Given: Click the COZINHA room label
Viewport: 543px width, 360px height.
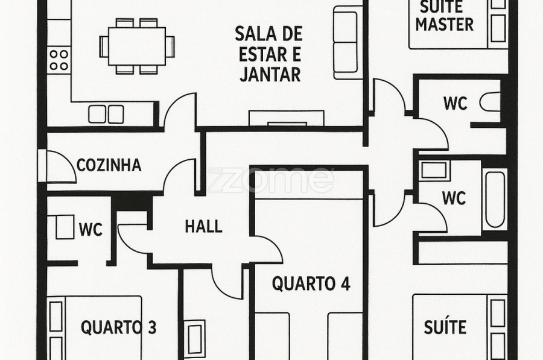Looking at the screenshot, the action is point(109,165).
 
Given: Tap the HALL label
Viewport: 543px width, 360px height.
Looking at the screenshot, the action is point(204,227).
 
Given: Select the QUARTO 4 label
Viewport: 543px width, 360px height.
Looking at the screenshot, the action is point(311,283).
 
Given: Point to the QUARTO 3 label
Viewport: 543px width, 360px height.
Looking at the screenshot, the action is point(118,327).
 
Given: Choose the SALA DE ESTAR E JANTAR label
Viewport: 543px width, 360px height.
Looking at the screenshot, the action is point(269,54).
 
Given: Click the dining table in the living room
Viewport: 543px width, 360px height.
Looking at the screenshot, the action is point(137,46).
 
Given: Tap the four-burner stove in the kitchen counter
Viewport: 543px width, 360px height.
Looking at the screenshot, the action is point(59,60).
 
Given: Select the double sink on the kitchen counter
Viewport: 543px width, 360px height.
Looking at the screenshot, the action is point(106,114).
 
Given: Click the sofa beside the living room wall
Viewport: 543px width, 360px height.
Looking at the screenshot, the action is point(345,43).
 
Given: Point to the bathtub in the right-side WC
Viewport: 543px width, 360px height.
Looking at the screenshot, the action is point(495,199).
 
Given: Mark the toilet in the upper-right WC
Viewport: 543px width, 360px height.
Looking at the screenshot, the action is point(490,102).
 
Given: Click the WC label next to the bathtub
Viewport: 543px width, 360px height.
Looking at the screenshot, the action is point(454,198).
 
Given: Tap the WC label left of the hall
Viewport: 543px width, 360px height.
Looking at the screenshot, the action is point(91,230).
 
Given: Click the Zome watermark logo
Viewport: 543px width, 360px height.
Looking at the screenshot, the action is point(270,180).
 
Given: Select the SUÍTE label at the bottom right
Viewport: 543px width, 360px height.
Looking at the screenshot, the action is point(445,327).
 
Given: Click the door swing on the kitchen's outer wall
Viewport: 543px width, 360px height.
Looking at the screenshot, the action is point(62,167).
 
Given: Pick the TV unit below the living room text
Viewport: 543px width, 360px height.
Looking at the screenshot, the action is point(287,118).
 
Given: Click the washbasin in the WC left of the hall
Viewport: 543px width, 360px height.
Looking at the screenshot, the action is point(65,227).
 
